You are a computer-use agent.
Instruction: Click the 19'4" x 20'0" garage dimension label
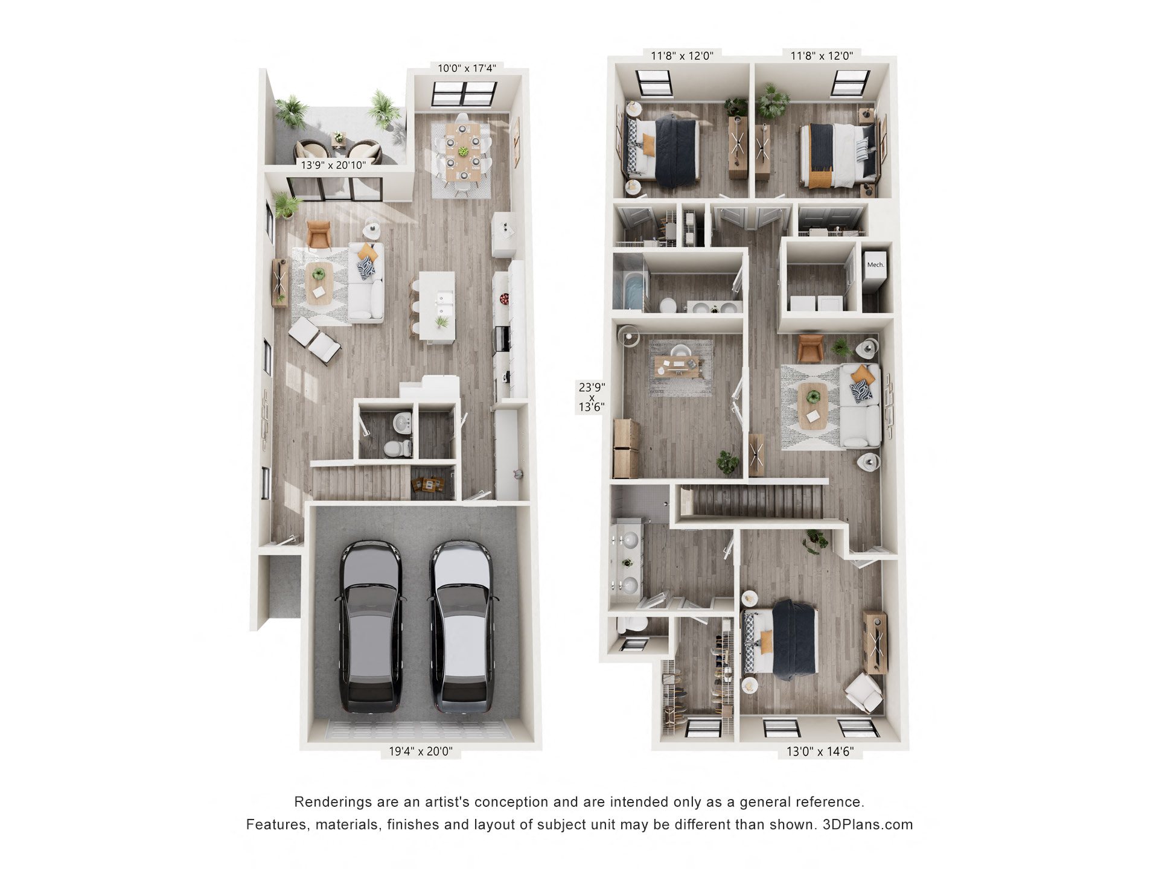420,751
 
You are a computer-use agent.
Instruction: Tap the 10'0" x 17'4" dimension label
467,68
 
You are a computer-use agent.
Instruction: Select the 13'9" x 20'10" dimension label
333,165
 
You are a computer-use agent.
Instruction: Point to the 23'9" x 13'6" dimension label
592,396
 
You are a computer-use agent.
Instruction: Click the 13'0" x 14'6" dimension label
820,751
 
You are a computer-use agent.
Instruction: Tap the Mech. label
875,264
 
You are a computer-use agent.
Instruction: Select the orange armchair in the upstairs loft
810,348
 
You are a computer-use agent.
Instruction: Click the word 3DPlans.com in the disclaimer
867,824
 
